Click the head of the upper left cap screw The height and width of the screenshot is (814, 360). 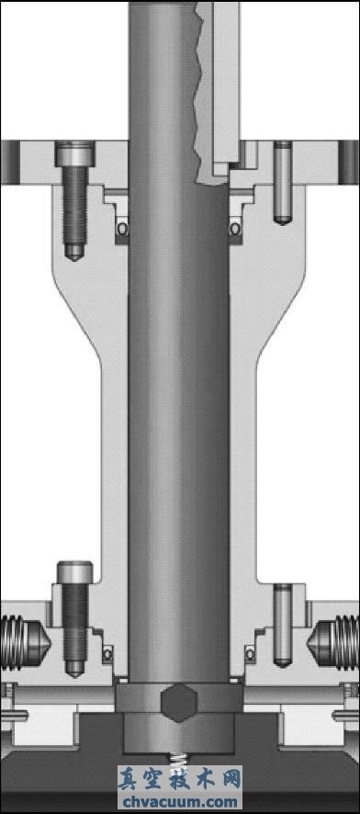click(75, 153)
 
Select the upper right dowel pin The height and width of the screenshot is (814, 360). click(283, 183)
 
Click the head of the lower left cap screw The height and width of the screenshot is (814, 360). click(75, 571)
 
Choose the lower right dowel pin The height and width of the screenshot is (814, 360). click(283, 625)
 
